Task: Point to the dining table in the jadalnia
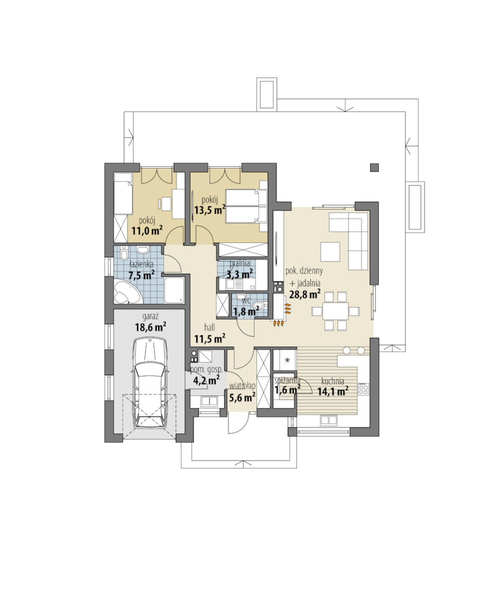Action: click(335, 311)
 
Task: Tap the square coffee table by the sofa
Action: click(330, 252)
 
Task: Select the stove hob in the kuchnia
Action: click(363, 389)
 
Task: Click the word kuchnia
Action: click(332, 381)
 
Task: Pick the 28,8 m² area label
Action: click(305, 294)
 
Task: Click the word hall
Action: click(210, 328)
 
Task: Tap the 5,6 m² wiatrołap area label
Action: click(242, 396)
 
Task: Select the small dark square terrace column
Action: click(374, 167)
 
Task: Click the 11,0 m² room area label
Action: click(147, 231)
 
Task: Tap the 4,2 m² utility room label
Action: click(206, 381)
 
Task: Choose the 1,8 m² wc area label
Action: click(246, 311)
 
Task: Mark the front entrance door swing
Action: click(238, 424)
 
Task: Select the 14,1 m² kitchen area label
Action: click(333, 391)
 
